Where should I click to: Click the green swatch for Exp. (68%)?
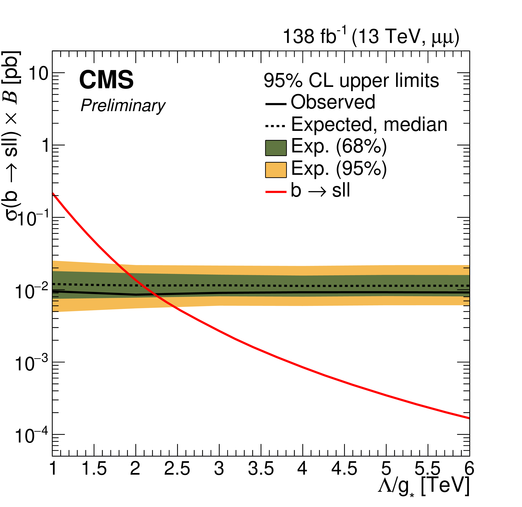coord(276,148)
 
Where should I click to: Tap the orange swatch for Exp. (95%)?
coord(276,170)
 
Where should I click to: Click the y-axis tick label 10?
coord(38,74)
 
